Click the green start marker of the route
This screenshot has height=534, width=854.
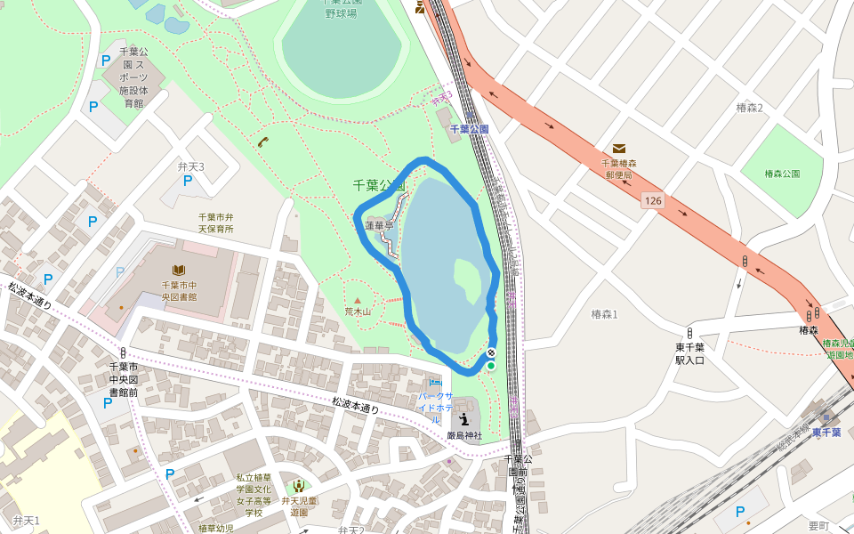(x=490, y=365)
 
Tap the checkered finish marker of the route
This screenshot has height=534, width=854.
(x=490, y=353)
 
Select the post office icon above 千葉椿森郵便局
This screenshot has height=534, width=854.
(x=618, y=149)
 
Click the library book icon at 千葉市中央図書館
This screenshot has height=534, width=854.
(x=179, y=270)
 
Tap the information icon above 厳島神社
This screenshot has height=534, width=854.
(x=464, y=418)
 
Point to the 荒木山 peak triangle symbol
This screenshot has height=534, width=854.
(x=358, y=301)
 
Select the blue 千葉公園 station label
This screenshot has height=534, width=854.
(x=469, y=129)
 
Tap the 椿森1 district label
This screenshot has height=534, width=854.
(x=604, y=314)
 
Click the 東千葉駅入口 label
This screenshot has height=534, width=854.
(x=689, y=354)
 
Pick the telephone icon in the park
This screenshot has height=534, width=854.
(x=262, y=142)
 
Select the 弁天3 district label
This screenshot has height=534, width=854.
(x=190, y=166)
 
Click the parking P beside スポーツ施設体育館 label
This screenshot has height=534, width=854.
(x=106, y=61)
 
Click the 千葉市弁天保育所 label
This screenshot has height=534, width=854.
(x=215, y=222)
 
